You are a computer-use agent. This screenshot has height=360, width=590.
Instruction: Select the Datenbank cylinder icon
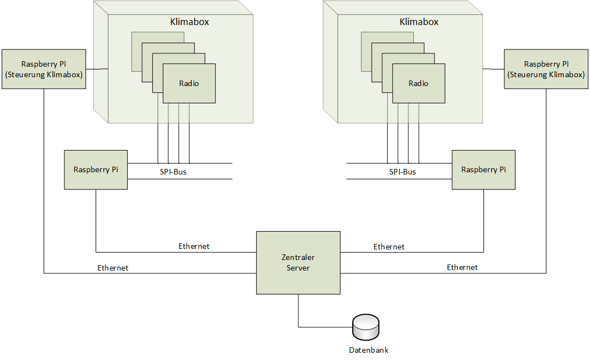[366, 328]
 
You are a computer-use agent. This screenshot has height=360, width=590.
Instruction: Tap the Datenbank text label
[369, 350]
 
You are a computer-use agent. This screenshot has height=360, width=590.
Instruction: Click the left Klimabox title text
[189, 22]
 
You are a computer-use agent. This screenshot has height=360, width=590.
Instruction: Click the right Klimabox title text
[419, 22]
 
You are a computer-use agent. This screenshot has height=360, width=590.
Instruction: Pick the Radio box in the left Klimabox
[189, 84]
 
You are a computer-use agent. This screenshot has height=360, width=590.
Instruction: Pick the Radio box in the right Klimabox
[418, 84]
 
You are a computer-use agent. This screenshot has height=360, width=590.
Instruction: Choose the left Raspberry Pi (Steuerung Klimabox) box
[43, 69]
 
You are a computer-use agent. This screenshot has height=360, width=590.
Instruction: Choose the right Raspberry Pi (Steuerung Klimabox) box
[546, 69]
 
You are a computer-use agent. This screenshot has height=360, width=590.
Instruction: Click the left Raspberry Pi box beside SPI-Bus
[96, 169]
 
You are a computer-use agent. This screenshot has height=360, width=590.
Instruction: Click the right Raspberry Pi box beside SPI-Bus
[483, 169]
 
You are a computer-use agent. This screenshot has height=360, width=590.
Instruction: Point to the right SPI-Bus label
[402, 172]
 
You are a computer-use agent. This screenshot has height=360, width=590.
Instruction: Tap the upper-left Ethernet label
[194, 246]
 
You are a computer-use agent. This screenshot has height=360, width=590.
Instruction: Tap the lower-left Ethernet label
[113, 268]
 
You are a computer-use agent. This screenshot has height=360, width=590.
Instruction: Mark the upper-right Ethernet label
[389, 247]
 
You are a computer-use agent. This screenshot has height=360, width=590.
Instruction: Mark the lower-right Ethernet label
[462, 267]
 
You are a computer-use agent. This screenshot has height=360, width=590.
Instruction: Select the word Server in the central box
[298, 268]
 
